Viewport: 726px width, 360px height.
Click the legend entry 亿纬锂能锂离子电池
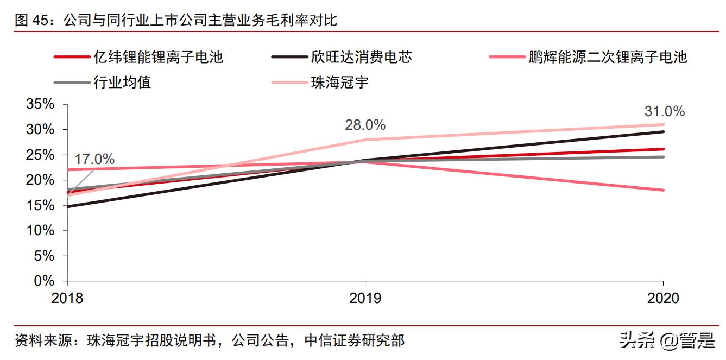[157, 56]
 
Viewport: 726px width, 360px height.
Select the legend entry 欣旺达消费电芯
[361, 56]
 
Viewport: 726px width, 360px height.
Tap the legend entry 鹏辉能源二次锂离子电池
[608, 56]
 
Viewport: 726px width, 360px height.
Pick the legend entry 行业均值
[122, 83]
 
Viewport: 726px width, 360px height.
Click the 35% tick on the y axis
[40, 104]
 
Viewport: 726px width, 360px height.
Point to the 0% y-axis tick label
[44, 281]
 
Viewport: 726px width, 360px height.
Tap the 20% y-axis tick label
[40, 180]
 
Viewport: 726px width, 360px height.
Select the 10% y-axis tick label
[40, 231]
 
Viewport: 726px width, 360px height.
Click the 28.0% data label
[365, 125]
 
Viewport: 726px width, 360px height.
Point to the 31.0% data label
[665, 112]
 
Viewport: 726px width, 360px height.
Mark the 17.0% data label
[94, 160]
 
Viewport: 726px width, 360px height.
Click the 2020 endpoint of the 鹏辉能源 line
[663, 190]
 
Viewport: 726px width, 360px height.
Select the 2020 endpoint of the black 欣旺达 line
[663, 131]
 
